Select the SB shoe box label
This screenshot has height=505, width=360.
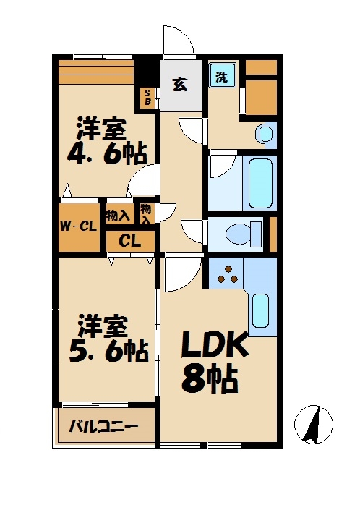tap(146, 97)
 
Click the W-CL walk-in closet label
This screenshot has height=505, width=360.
tap(78, 226)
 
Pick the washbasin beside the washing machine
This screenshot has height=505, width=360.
tap(265, 133)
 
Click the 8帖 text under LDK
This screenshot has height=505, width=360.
tap(210, 378)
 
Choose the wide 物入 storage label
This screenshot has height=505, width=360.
tap(117, 215)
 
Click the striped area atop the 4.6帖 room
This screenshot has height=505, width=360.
tap(97, 71)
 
